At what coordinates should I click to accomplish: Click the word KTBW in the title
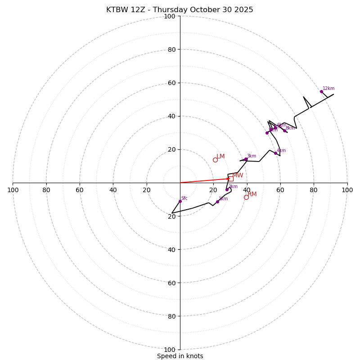click(x=117, y=10)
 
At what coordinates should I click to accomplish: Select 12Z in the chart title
click(x=139, y=10)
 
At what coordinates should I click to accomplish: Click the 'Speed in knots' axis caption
click(x=180, y=356)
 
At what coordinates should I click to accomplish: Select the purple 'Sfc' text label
click(x=184, y=198)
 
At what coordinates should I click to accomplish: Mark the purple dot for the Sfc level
click(x=180, y=201)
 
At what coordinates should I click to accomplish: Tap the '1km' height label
click(x=223, y=199)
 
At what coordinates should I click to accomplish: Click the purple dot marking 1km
click(x=217, y=202)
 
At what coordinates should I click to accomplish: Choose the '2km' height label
click(x=233, y=187)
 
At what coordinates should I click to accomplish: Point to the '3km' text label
click(x=251, y=156)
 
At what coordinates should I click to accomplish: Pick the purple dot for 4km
click(x=275, y=153)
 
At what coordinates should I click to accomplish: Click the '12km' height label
click(x=328, y=89)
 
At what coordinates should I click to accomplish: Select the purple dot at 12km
click(x=321, y=91)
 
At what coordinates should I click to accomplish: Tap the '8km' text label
click(x=290, y=128)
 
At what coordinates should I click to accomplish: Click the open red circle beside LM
click(x=215, y=160)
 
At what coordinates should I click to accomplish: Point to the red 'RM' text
click(x=252, y=194)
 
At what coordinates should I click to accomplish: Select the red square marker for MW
click(x=230, y=179)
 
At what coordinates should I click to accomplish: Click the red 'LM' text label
click(x=220, y=157)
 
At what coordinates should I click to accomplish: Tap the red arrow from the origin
click(x=205, y=180)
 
